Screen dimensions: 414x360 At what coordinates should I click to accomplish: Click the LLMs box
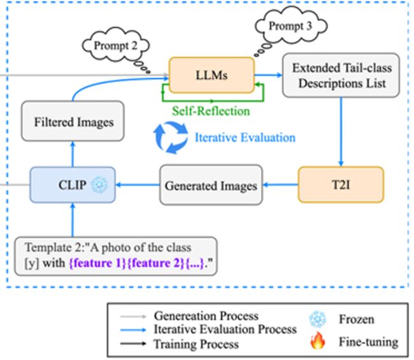pyautogui.click(x=211, y=75)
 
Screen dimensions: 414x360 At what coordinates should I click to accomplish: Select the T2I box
pyautogui.click(x=341, y=185)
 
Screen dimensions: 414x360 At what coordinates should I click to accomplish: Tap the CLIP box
pyautogui.click(x=73, y=185)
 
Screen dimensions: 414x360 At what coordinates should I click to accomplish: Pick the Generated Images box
pyautogui.click(x=211, y=185)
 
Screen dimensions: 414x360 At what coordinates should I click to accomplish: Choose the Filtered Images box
pyautogui.click(x=73, y=121)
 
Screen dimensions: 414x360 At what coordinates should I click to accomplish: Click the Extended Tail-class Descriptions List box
pyautogui.click(x=341, y=75)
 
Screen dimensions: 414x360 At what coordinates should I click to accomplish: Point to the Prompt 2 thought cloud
pyautogui.click(x=116, y=45)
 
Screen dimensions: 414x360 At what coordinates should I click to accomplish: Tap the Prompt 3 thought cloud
pyautogui.click(x=291, y=26)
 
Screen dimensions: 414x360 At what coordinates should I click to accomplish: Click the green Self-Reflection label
pyautogui.click(x=211, y=111)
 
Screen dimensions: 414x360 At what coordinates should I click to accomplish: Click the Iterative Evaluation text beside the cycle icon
pyautogui.click(x=245, y=138)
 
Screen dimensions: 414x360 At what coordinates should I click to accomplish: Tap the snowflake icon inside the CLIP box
pyautogui.click(x=99, y=184)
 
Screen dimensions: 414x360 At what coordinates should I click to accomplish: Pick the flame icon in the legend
pyautogui.click(x=318, y=340)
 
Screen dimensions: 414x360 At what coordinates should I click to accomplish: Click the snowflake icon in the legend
pyautogui.click(x=318, y=319)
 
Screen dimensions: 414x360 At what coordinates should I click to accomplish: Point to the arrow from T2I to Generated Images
pyautogui.click(x=280, y=185)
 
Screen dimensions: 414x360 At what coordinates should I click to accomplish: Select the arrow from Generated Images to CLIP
pyautogui.click(x=138, y=185)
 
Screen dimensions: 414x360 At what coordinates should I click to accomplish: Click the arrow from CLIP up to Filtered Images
pyautogui.click(x=73, y=154)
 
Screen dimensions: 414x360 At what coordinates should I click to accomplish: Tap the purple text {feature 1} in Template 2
pyautogui.click(x=97, y=263)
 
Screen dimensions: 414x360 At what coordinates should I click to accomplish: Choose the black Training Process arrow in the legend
pyautogui.click(x=133, y=343)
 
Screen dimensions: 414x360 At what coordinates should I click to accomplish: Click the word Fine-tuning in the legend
pyautogui.click(x=369, y=342)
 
